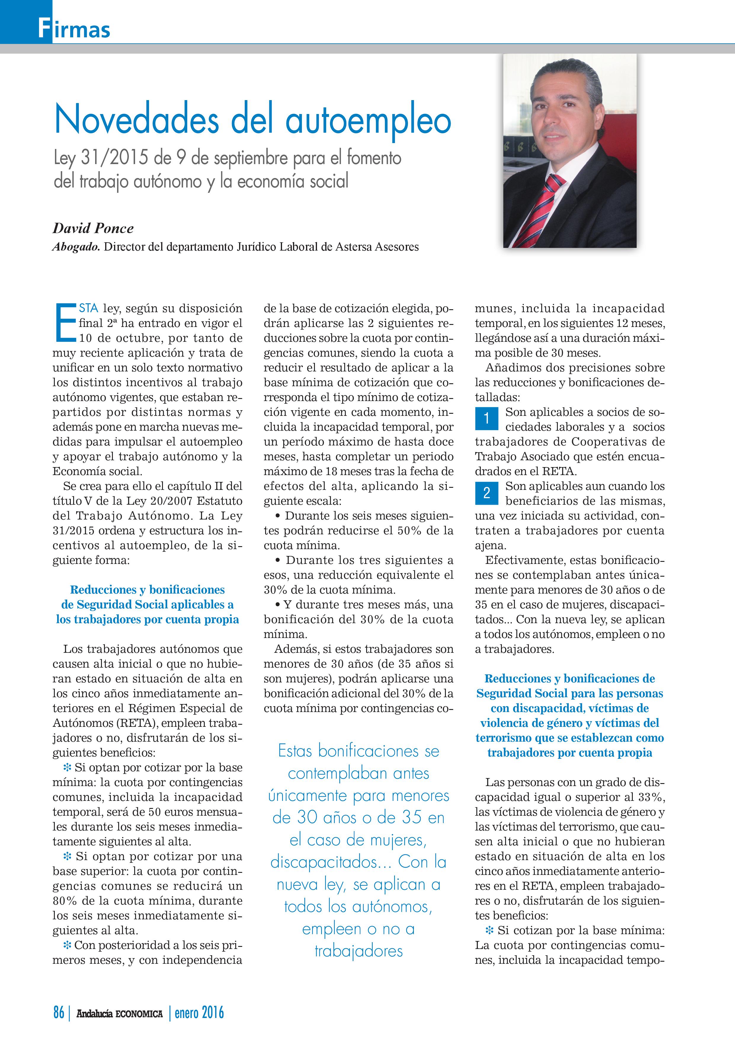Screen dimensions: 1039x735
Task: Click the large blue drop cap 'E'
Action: (x=65, y=323)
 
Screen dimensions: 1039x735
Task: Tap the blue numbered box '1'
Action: (x=486, y=418)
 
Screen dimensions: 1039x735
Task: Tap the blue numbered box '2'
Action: (x=486, y=492)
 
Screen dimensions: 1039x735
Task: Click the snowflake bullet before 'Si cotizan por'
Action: (x=489, y=929)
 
